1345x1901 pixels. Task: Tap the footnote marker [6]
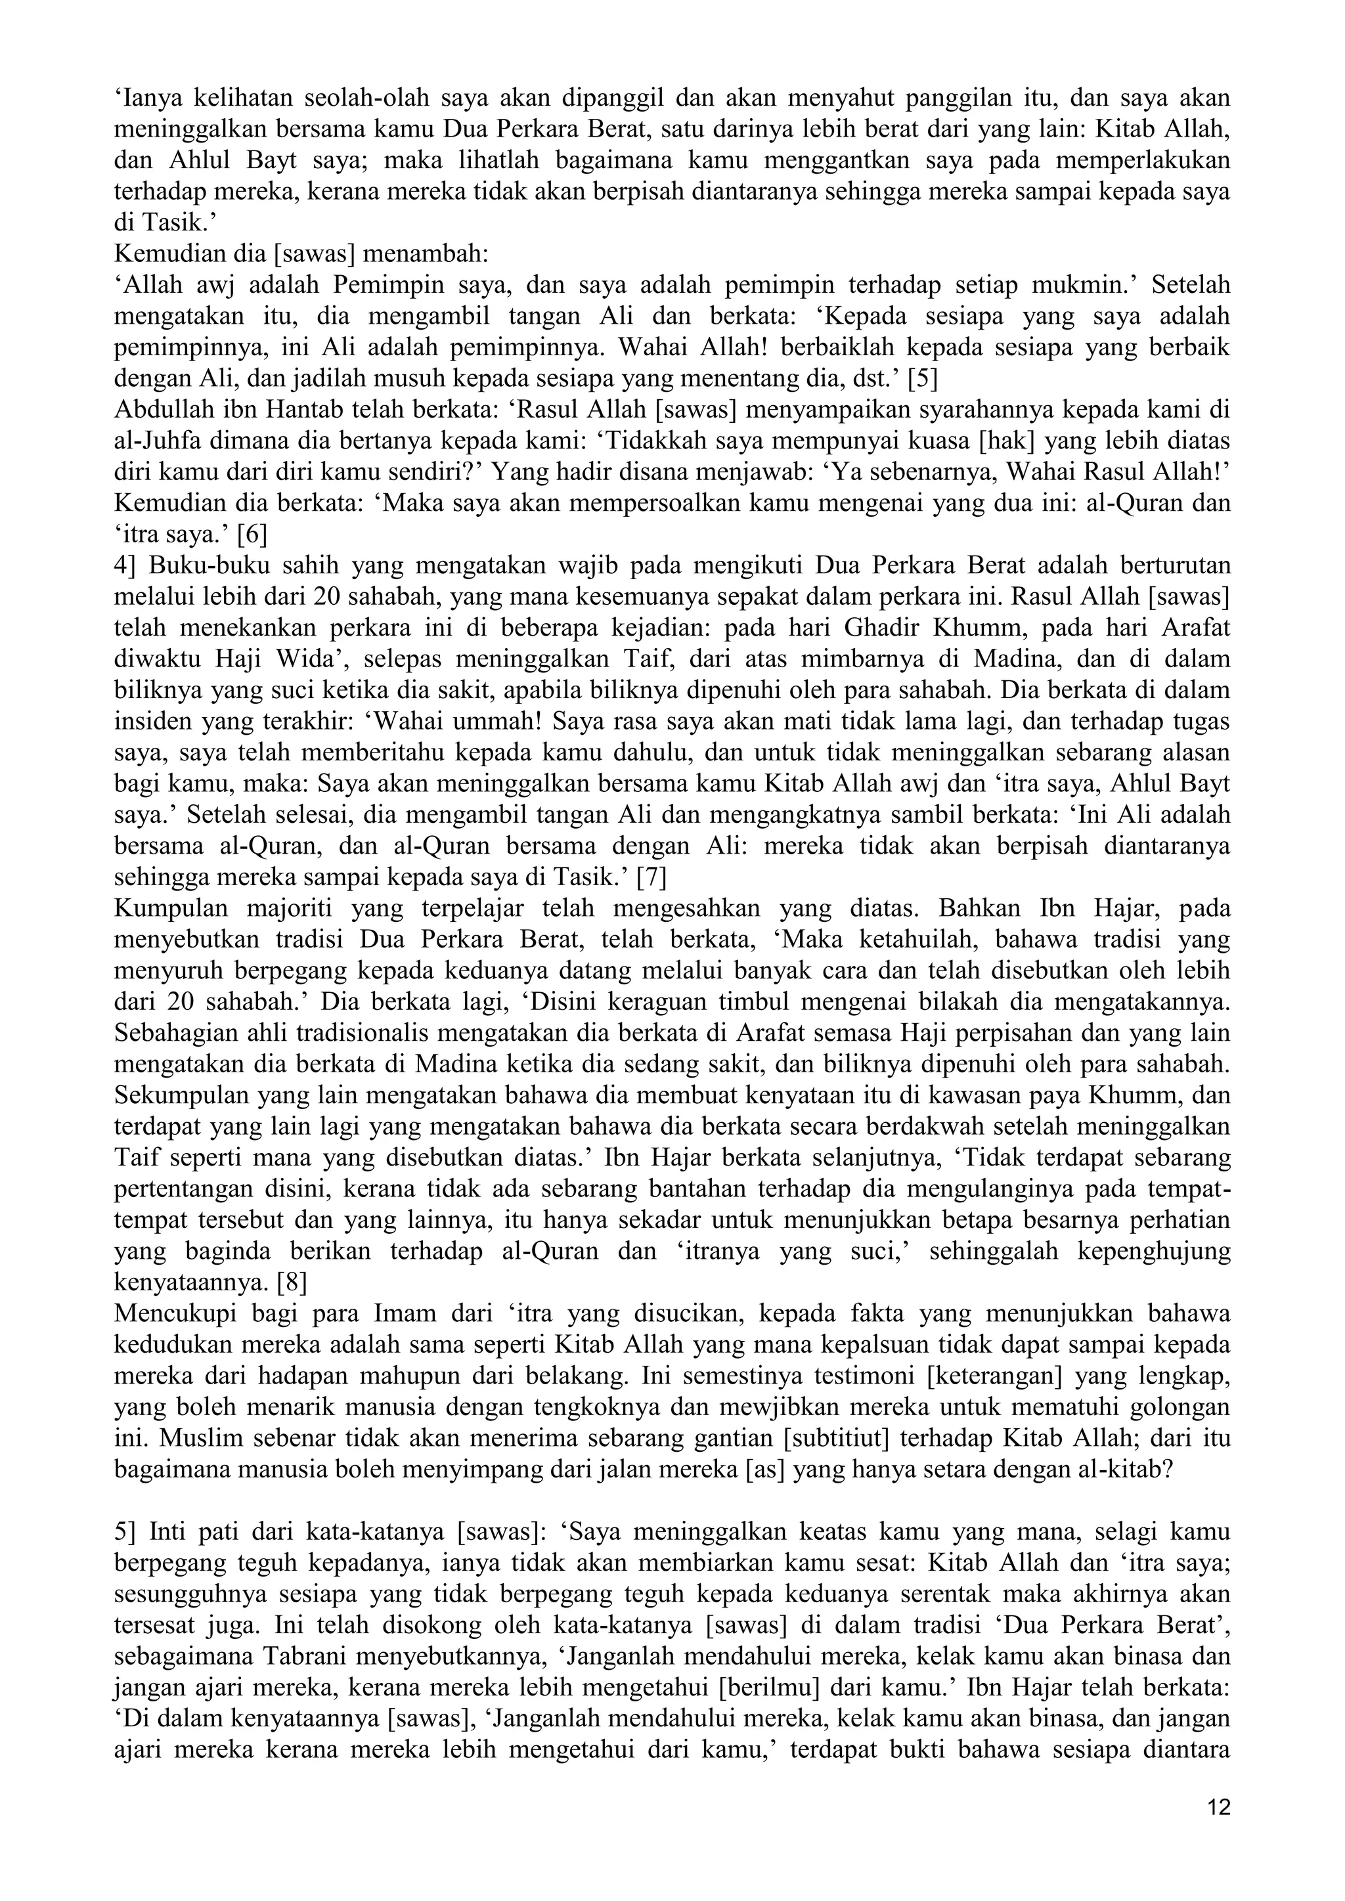tap(252, 536)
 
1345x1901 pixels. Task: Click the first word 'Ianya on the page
tap(147, 98)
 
